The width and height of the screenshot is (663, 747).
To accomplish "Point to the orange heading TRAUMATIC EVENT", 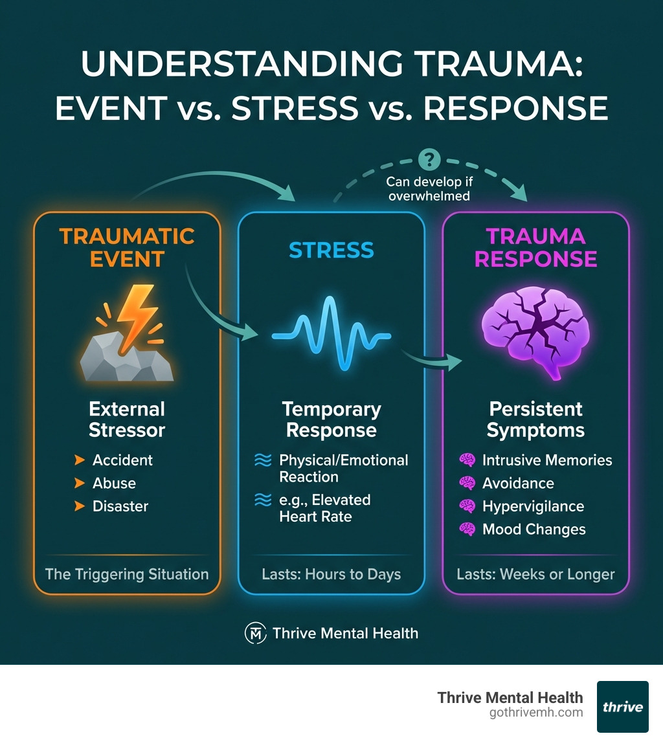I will tap(127, 247).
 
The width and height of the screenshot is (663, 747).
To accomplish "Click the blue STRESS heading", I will tap(331, 250).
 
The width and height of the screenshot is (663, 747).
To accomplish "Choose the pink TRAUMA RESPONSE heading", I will tap(535, 247).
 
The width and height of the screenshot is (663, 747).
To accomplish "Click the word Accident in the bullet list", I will tap(122, 460).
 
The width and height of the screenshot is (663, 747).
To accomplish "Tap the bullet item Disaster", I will tap(120, 506).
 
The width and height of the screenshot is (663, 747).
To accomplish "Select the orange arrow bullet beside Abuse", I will tap(80, 484).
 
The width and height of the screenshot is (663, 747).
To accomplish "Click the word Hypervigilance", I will tap(533, 506).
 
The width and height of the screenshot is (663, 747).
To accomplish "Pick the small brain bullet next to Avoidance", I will tap(467, 484).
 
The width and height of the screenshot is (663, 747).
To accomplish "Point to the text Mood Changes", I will tap(534, 530).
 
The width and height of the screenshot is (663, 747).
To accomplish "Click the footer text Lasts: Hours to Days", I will tap(331, 574).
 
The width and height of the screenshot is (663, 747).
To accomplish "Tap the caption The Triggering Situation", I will tap(127, 574).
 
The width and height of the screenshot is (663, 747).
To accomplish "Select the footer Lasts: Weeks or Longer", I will tap(535, 574).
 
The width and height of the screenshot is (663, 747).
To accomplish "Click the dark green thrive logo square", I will tap(622, 706).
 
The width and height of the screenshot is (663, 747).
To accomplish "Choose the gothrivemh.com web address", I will tap(537, 713).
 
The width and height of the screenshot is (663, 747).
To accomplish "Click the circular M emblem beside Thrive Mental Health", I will tap(255, 633).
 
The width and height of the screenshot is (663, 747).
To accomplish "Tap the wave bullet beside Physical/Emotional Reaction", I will tap(263, 461).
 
